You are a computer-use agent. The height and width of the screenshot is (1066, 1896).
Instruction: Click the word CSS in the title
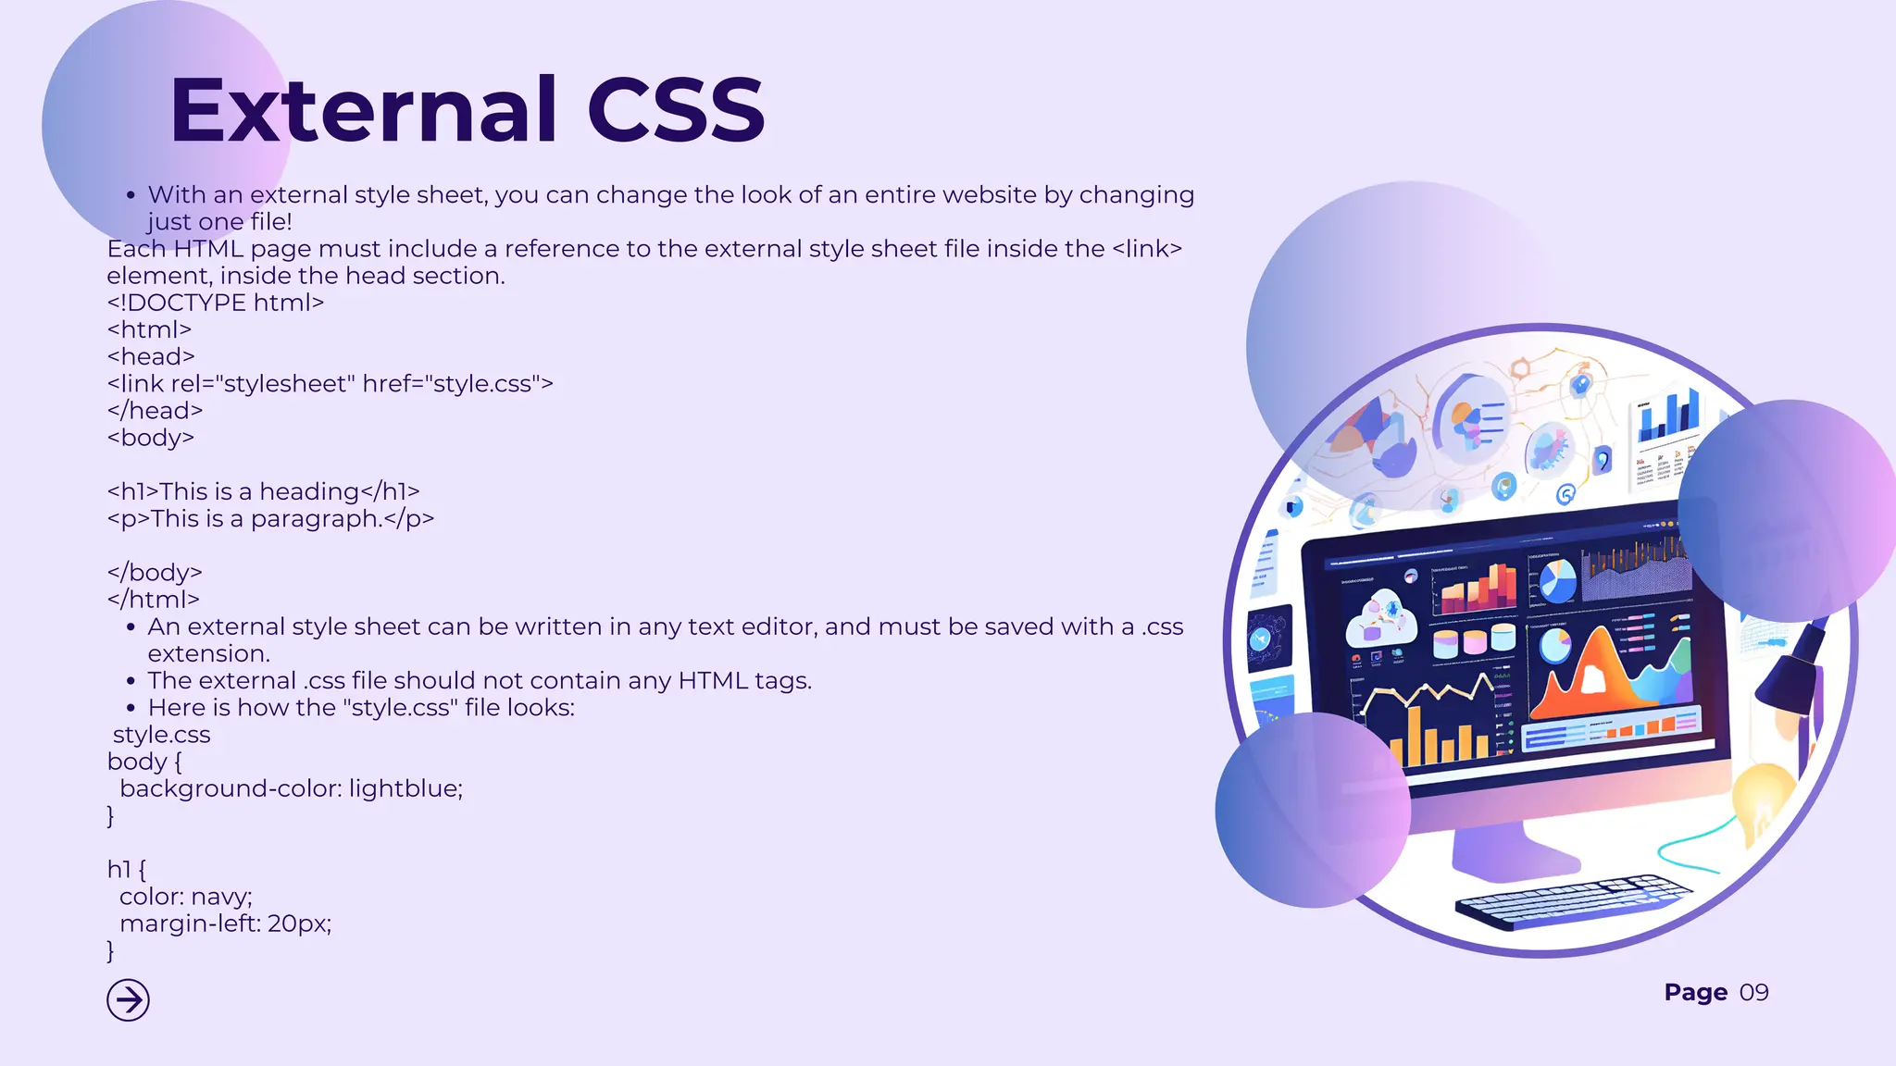[676, 111]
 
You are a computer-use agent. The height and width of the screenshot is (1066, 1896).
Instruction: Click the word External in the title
[364, 111]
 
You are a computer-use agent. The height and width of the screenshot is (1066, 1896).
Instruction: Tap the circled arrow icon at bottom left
[128, 1000]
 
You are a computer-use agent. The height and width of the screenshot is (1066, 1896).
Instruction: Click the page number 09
[1753, 993]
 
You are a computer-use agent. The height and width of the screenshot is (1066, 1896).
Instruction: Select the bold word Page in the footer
[1695, 993]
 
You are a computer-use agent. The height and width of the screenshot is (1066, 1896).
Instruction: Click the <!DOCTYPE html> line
[215, 303]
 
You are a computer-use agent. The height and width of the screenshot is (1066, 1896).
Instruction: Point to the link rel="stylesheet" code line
[330, 384]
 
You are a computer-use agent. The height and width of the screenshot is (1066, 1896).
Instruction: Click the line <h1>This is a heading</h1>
[263, 491]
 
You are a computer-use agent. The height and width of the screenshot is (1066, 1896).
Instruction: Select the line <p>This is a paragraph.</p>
[270, 518]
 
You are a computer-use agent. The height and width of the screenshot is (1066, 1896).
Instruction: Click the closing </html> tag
[153, 600]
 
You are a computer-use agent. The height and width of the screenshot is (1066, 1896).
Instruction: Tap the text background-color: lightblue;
[291, 788]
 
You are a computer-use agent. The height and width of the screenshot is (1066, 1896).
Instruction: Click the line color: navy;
[185, 897]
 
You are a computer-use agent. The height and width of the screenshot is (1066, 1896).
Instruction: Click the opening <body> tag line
[150, 438]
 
